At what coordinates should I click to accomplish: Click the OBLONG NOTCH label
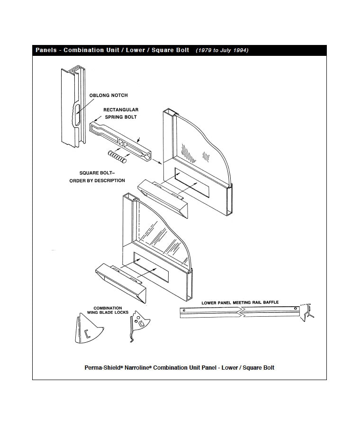[108, 96]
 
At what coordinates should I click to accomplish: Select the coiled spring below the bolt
[117, 156]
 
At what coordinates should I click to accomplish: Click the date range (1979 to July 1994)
[222, 50]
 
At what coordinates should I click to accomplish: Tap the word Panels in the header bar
[46, 50]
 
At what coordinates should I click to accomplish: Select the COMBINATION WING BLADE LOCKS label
[108, 311]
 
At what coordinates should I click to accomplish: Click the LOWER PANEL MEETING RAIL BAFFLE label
[240, 302]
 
